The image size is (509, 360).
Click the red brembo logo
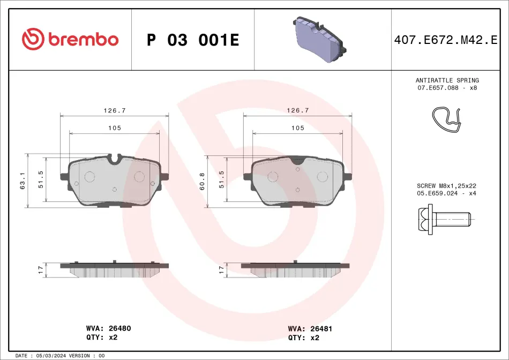click(70, 39)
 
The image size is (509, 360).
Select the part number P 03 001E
click(193, 40)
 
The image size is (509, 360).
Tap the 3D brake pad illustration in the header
click(319, 39)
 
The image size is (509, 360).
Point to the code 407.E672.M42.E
click(445, 40)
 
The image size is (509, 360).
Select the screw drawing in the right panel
click(444, 220)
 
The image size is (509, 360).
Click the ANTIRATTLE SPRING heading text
click(447, 80)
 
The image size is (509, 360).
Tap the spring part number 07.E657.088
click(438, 88)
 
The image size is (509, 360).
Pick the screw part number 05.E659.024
click(437, 193)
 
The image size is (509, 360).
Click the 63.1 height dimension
click(23, 181)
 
